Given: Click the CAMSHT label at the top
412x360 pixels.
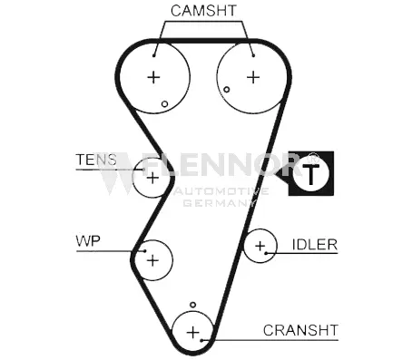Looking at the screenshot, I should coord(202,12).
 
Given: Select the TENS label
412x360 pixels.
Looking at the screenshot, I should coord(96,161).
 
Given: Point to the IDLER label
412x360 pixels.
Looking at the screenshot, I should coord(314,245).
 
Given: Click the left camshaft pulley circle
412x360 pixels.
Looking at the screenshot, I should coord(153,77).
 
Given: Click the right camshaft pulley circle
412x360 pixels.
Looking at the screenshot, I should coord(251,75).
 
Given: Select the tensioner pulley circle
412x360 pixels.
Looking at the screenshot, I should coord(152,177).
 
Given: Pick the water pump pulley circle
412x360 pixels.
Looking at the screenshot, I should coord(152,260).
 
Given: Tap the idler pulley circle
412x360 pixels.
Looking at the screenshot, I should coord(260,245).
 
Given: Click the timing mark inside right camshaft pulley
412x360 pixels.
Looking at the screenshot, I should coord(227,89).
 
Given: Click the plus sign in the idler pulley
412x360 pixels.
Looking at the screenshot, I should coord(260,245).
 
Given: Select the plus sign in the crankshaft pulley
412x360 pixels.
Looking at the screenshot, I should coord(191,333).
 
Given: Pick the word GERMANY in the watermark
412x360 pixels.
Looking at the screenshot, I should coord(216,203).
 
